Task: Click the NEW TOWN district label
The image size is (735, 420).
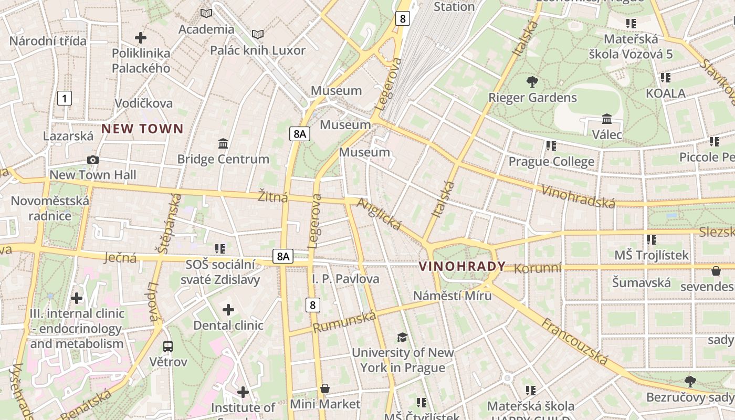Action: click(x=142, y=129)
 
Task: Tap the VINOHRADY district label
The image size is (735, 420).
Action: click(x=462, y=266)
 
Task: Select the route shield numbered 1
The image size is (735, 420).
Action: click(x=65, y=98)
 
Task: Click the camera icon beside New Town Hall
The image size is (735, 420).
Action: click(x=93, y=160)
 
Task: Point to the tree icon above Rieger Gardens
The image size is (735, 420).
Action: click(x=532, y=82)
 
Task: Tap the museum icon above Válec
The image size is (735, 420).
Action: click(x=607, y=119)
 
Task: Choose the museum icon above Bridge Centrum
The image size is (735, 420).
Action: click(x=223, y=143)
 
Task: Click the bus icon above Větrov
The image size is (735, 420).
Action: click(x=168, y=346)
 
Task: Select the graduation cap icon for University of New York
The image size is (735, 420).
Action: click(x=402, y=337)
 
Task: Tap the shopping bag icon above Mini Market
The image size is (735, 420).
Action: click(x=325, y=388)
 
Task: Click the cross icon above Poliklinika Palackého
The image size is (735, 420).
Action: click(x=141, y=38)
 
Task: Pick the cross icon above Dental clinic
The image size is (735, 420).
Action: click(x=228, y=310)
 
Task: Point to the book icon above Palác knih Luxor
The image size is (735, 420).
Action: click(x=257, y=35)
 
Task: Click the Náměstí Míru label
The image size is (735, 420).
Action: click(x=453, y=296)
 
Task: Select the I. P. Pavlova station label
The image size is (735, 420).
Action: click(x=345, y=279)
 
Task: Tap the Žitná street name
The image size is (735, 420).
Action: click(x=273, y=197)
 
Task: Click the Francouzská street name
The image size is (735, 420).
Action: click(x=575, y=341)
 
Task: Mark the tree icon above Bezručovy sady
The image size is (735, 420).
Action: click(x=690, y=381)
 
